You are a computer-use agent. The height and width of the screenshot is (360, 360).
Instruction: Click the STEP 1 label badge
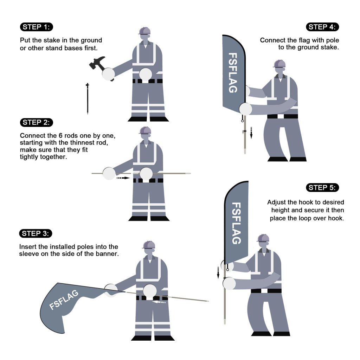tap(37, 27)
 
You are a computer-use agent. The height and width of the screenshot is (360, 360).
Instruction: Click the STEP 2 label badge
tap(37, 122)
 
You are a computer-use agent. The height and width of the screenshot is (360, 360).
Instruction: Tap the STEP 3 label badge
tap(37, 233)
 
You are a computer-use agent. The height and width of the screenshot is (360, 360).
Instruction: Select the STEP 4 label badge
tap(323, 27)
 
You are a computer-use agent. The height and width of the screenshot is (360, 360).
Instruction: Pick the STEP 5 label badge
tap(323, 187)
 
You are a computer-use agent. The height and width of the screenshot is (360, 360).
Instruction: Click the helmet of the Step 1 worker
tap(144, 31)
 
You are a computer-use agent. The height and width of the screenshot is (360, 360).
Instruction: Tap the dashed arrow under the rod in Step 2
tap(123, 178)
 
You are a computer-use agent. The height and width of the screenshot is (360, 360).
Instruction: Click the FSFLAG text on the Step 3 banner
tap(64, 300)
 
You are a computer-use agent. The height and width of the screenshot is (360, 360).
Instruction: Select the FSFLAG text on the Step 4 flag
tap(233, 73)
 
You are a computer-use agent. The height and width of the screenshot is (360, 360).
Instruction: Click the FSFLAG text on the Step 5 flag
tap(237, 223)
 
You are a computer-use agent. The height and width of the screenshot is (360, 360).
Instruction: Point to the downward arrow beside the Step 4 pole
tap(251, 133)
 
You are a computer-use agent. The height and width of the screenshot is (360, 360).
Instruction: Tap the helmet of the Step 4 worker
tap(279, 64)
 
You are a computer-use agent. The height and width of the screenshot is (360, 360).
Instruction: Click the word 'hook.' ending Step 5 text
tap(336, 218)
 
